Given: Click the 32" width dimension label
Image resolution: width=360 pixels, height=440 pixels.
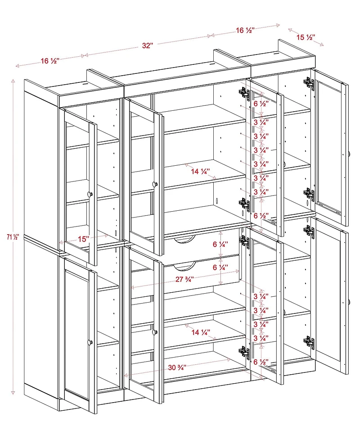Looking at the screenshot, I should click(148, 45).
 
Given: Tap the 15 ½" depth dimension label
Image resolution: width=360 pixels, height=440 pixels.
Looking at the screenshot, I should click(306, 37).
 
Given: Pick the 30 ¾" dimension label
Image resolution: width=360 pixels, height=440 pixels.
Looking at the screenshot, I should click(177, 367).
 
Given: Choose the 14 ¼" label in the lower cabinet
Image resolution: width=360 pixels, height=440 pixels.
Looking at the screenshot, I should click(200, 332).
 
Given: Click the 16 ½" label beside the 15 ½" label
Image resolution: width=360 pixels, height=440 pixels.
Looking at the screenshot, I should click(245, 30).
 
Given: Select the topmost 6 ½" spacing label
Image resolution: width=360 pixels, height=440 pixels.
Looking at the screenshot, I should click(261, 104).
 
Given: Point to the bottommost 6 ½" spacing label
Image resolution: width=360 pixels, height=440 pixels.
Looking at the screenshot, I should click(261, 362).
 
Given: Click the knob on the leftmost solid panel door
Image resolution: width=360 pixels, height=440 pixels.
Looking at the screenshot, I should click(90, 342).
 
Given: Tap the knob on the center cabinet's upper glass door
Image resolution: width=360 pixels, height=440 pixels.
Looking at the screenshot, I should click(155, 184).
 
